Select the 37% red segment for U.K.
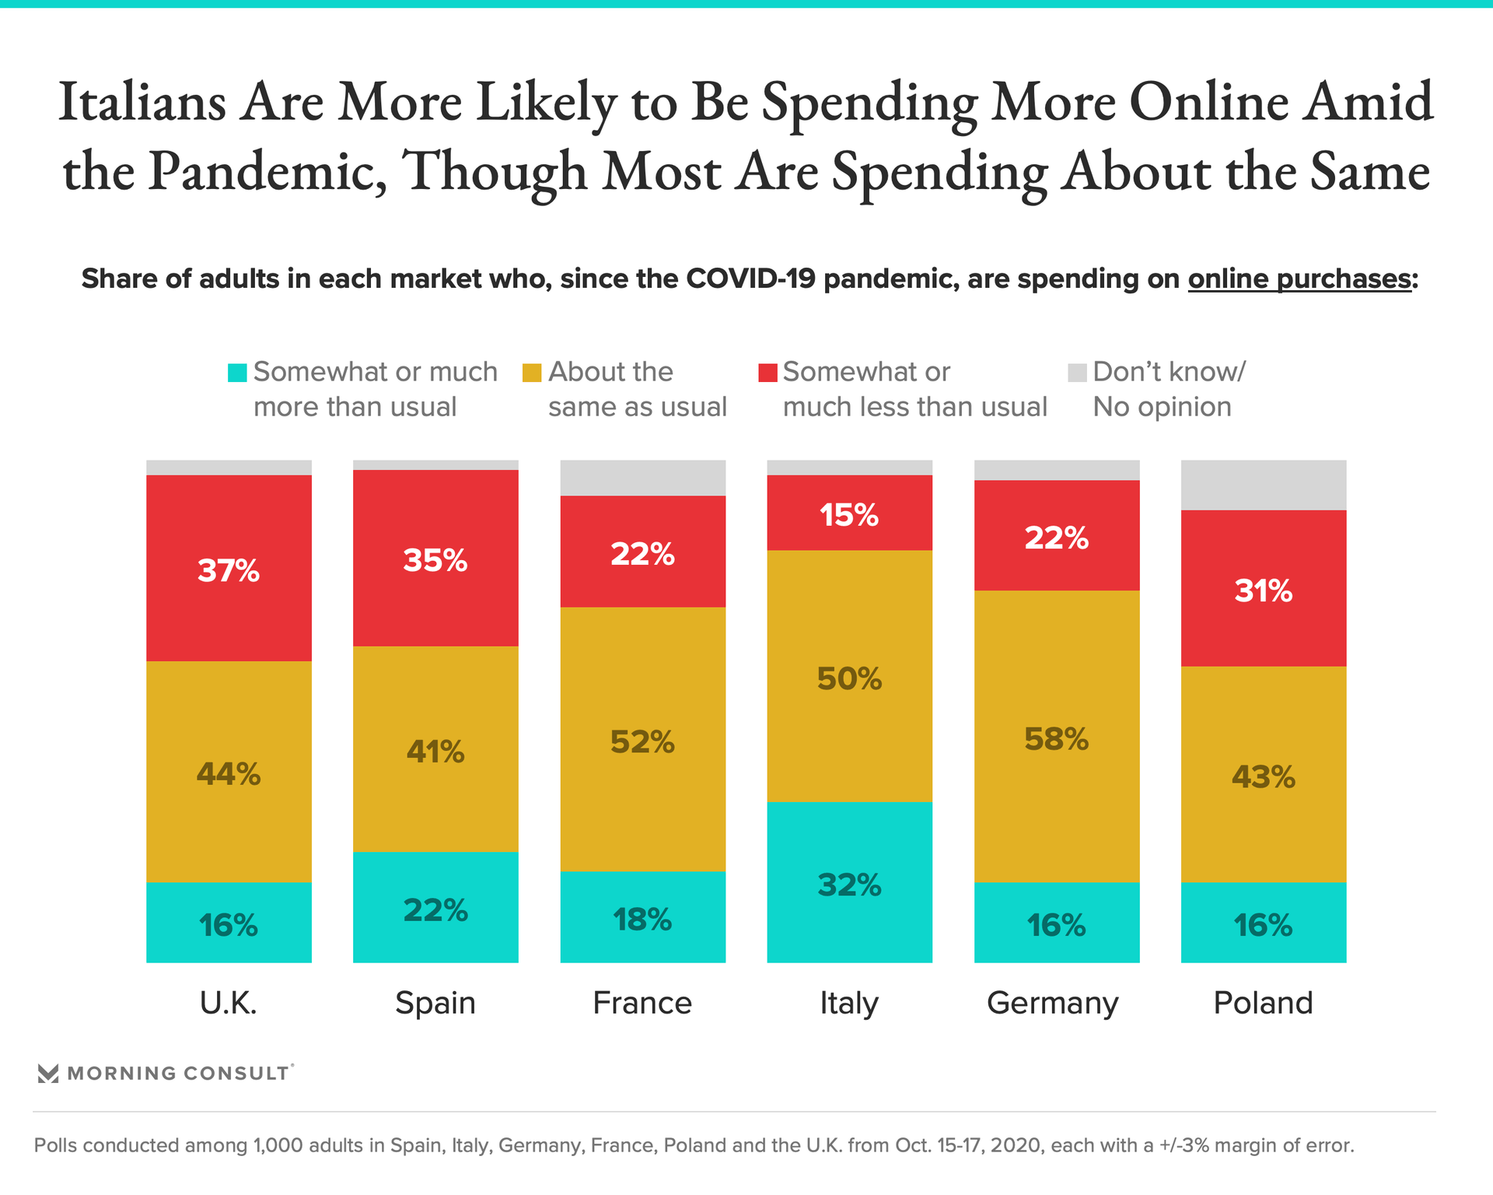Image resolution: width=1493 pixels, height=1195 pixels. (229, 568)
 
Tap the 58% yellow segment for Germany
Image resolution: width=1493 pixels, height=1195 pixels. (1056, 736)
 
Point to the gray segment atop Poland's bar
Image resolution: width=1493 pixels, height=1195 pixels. (1263, 485)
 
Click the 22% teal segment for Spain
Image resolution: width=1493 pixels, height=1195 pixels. (435, 907)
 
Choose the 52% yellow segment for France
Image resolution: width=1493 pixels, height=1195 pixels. (642, 739)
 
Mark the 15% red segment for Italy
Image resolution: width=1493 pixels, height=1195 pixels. (849, 513)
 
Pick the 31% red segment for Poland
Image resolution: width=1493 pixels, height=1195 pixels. (1263, 588)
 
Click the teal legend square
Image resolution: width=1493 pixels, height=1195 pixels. (237, 373)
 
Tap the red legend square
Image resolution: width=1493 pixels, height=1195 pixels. (767, 373)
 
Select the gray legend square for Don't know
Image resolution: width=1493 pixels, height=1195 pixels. (1077, 373)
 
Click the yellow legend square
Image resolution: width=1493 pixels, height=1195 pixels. (532, 373)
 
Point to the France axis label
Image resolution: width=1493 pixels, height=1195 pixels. (642, 1003)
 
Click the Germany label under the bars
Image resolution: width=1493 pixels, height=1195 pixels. (1052, 1003)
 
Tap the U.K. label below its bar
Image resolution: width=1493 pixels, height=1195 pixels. (229, 1003)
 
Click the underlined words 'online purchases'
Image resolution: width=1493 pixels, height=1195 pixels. (1299, 279)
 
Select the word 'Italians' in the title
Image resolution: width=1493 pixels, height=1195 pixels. (142, 103)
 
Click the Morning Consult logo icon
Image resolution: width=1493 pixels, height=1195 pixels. (48, 1074)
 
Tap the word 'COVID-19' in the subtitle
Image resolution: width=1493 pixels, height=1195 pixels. (750, 279)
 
